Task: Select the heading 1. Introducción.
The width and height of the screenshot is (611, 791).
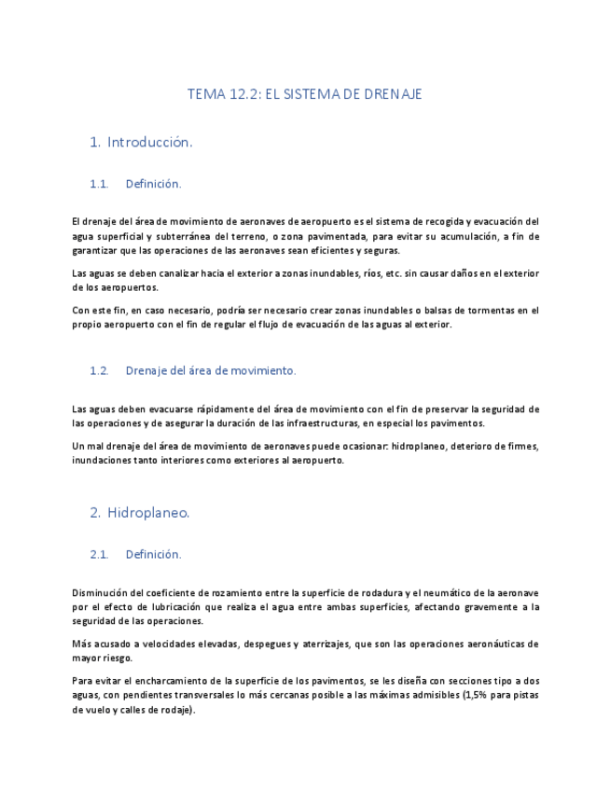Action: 141,143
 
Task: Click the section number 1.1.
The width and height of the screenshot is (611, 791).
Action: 99,185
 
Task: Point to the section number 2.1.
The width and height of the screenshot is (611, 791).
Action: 99,554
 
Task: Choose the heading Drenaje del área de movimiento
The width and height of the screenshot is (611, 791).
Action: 210,370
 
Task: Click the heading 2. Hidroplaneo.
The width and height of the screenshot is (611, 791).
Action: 140,513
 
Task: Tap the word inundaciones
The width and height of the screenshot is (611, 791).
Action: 102,460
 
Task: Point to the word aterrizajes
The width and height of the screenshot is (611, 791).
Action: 329,644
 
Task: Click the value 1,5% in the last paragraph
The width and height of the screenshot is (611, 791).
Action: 477,695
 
